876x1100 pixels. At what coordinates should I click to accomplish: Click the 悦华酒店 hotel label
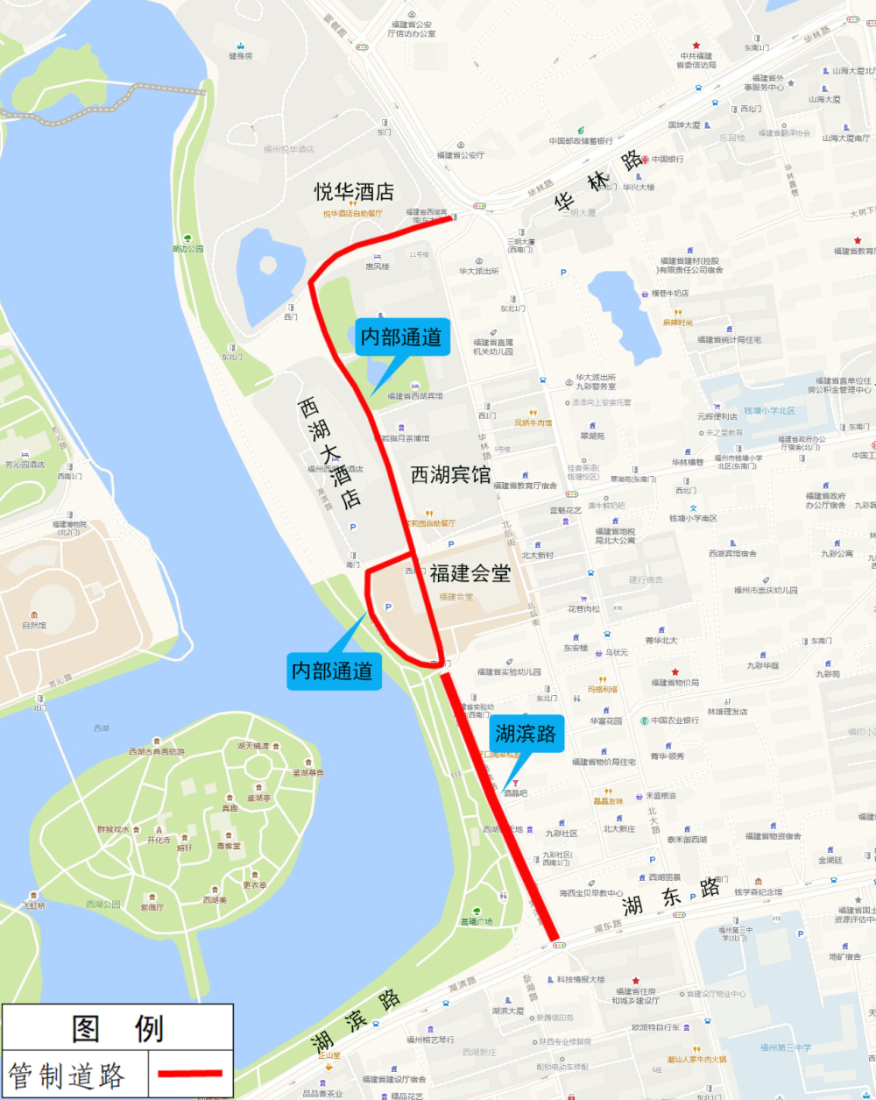[354, 192]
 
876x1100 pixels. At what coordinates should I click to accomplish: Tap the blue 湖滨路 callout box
[525, 733]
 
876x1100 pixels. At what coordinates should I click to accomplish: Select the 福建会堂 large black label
[470, 573]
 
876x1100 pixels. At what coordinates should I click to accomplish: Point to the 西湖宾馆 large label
[450, 475]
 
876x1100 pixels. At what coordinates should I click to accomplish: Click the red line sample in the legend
[189, 1073]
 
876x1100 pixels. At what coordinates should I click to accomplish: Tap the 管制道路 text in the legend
[67, 1075]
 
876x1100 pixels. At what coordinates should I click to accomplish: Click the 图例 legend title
[117, 1028]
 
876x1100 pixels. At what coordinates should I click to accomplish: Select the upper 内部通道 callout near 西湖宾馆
[401, 337]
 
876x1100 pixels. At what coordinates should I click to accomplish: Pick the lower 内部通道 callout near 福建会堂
[332, 671]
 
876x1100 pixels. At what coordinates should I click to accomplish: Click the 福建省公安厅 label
[461, 155]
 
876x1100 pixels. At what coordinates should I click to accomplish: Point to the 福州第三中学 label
[786, 1047]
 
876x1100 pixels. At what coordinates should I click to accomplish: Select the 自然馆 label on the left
[34, 625]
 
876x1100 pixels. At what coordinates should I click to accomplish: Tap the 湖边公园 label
[187, 249]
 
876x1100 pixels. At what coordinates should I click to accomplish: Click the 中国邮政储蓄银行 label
[581, 140]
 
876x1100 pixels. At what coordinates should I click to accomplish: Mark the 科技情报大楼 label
[581, 979]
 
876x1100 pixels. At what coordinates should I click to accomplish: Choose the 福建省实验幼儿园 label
[509, 672]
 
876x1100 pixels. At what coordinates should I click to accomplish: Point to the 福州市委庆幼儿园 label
[766, 590]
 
